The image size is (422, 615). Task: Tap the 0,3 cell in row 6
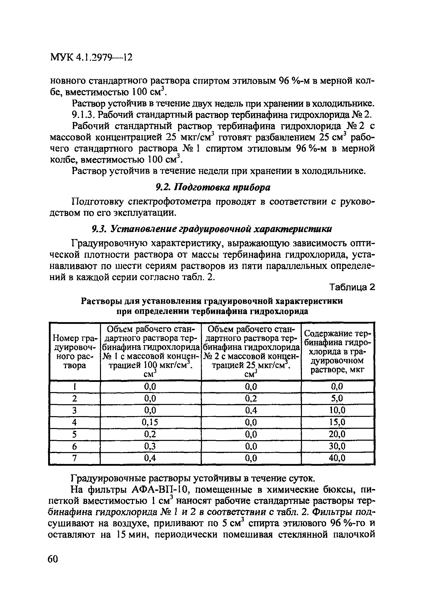coord(150,446)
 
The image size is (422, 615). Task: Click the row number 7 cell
coord(74,458)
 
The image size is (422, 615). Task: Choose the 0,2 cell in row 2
coord(251,398)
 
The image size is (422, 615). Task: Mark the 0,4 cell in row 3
coord(251,410)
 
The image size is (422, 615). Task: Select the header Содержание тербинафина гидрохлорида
coord(338,351)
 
